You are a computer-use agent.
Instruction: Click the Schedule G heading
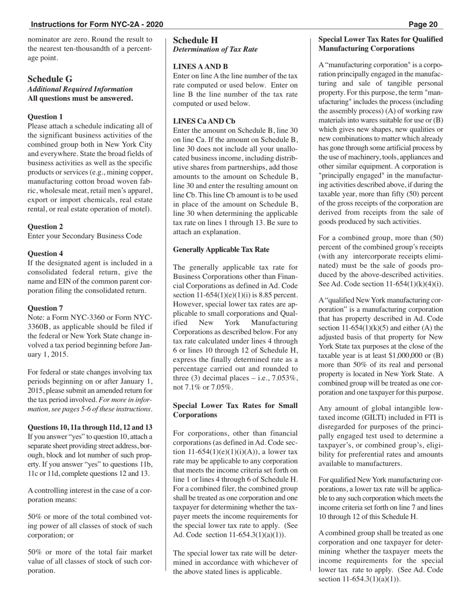(x=50, y=79)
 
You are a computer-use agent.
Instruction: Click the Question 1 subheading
(x=45, y=117)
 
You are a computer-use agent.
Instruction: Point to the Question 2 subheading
(x=45, y=226)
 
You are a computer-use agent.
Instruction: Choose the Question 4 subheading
(x=45, y=254)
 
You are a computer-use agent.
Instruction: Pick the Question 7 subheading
(x=45, y=308)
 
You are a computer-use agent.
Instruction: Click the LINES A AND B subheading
(x=200, y=66)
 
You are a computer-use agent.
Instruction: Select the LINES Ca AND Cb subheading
(x=204, y=121)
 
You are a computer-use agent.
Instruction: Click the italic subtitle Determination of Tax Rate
(x=215, y=50)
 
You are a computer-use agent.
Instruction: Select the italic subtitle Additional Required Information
(x=80, y=89)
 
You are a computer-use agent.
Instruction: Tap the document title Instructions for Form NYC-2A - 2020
(x=97, y=24)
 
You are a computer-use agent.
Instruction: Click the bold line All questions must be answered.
(x=80, y=98)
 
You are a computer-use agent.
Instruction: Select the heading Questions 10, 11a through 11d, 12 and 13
(x=90, y=427)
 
